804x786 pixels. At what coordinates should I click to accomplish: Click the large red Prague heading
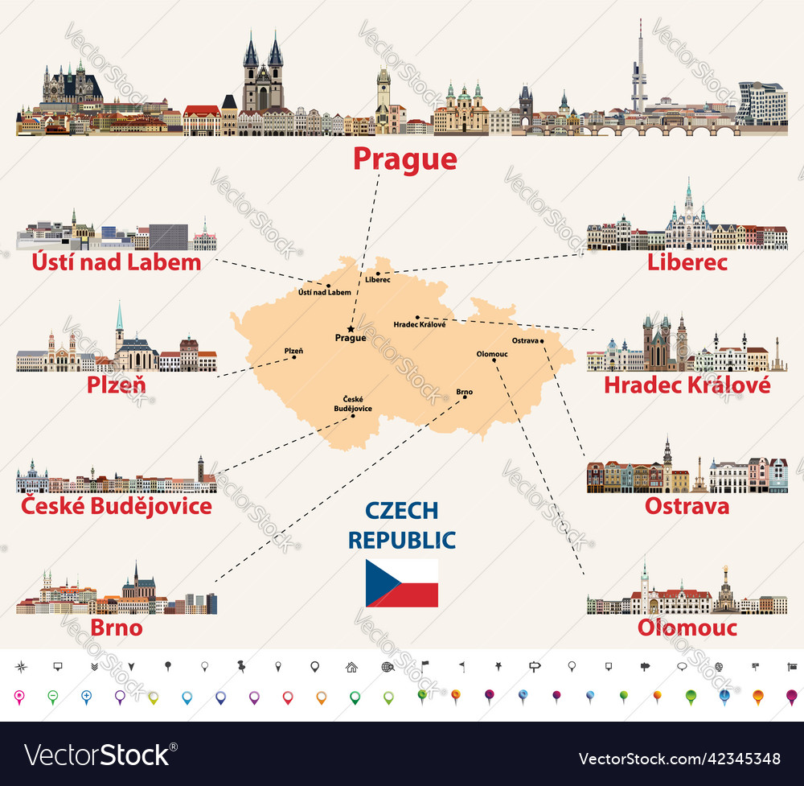[405, 158]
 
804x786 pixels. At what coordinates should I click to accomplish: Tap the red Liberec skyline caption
[687, 262]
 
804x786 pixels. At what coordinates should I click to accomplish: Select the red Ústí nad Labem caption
[116, 262]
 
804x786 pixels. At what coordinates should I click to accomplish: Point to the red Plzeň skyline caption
[116, 385]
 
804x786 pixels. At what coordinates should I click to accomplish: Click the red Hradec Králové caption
[687, 385]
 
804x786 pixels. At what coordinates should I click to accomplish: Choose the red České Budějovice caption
[116, 506]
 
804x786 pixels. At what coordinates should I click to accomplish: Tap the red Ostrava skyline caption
[687, 506]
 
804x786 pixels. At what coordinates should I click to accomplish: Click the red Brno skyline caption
[116, 628]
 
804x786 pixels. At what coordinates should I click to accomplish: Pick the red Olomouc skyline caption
[687, 628]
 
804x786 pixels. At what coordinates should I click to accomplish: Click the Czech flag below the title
[402, 582]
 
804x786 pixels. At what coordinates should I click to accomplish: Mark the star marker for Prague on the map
[351, 328]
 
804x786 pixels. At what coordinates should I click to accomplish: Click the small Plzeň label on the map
[293, 350]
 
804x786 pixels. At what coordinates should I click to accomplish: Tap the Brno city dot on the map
[465, 400]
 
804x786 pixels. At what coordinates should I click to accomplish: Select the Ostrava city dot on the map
[543, 341]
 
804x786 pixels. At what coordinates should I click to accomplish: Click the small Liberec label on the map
[377, 280]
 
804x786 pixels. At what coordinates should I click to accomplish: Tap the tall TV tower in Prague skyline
[639, 68]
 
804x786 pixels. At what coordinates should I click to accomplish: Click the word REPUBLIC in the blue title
[402, 540]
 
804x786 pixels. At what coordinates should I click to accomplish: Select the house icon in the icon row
[351, 666]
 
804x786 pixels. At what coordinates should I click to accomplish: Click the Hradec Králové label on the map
[420, 324]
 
